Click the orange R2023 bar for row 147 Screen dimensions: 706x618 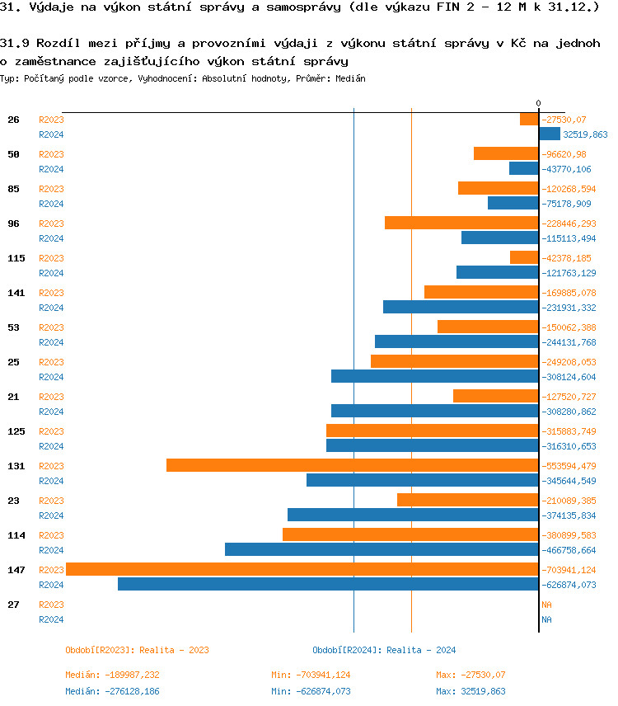(302, 569)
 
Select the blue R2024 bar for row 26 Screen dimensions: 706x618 (550, 134)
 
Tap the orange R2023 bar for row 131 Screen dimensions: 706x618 (352, 465)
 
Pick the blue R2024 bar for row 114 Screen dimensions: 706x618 (382, 549)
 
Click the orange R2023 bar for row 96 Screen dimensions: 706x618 (461, 223)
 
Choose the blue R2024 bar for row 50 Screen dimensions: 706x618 (523, 168)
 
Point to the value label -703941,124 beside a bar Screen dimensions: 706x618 (569, 570)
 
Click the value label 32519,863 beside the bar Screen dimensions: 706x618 (585, 134)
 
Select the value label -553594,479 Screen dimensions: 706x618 (569, 466)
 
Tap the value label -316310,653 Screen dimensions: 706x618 (569, 446)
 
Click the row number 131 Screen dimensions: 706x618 (16, 466)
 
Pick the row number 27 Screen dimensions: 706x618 (13, 605)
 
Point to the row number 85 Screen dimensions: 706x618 (13, 189)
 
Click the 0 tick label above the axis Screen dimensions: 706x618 (539, 103)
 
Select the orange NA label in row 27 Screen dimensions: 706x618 (546, 605)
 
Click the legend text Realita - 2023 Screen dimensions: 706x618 (174, 650)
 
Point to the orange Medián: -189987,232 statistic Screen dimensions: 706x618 (113, 675)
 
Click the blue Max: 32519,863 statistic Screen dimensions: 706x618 (471, 691)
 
